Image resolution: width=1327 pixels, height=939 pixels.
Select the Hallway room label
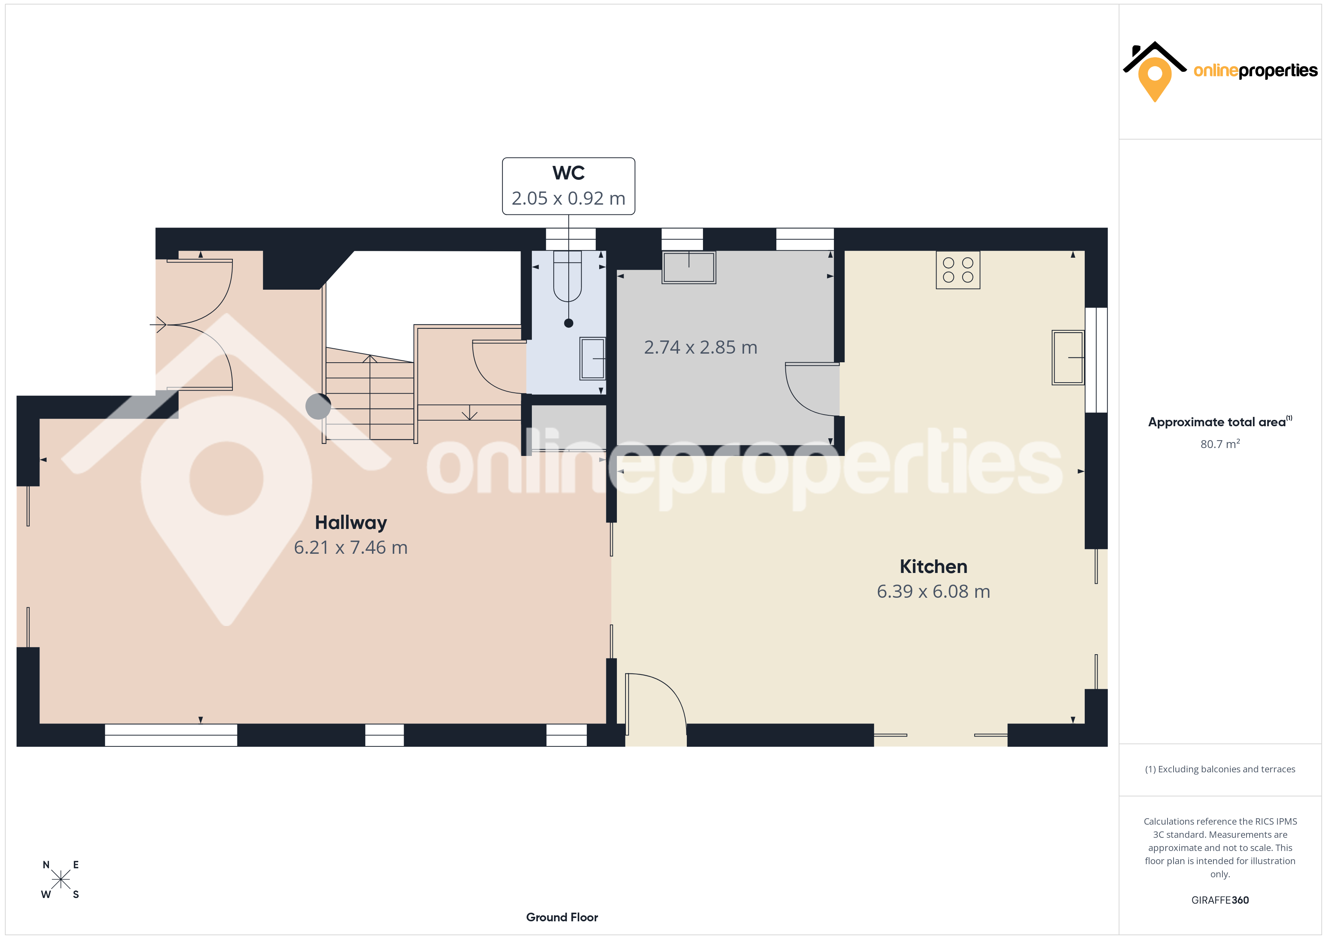(351, 523)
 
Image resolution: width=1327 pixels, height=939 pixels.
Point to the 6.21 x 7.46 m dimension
(351, 547)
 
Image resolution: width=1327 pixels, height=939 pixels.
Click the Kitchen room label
(934, 567)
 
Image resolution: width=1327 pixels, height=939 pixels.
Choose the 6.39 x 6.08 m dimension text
(934, 591)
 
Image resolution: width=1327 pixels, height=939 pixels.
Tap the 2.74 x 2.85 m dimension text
(700, 348)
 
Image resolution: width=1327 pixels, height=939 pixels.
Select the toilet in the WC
(568, 277)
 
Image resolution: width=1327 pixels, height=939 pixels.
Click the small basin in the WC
(592, 359)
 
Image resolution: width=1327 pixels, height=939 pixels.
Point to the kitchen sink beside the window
(1068, 357)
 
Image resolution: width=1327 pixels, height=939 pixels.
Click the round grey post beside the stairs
(318, 406)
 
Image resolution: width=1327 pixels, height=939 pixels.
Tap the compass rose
(60, 880)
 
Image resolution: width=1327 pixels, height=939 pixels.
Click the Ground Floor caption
(562, 917)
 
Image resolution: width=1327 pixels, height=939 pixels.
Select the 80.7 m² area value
(1220, 444)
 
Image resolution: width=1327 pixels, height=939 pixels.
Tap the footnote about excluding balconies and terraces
(1220, 769)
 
